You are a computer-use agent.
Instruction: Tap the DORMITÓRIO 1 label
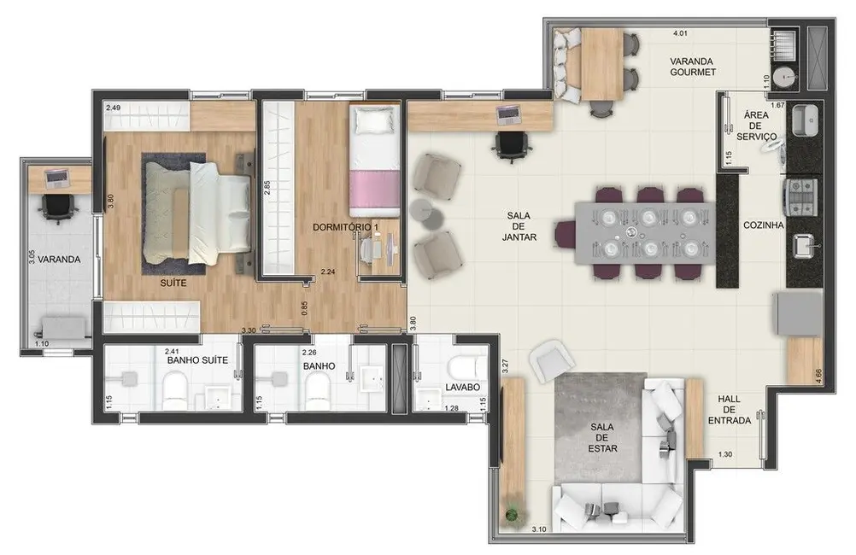(345, 225)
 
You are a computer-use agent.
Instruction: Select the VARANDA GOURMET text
(692, 67)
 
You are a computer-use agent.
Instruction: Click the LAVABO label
(462, 388)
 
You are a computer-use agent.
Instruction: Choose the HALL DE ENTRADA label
(734, 410)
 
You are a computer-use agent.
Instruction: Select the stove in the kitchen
(803, 195)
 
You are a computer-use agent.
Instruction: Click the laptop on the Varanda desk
(57, 178)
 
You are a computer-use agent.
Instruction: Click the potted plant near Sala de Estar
(512, 514)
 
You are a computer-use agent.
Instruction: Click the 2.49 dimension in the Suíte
(113, 108)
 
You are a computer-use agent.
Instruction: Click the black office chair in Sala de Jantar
(511, 146)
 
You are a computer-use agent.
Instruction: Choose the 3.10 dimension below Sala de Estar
(538, 529)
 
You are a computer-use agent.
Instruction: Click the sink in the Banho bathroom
(372, 377)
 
